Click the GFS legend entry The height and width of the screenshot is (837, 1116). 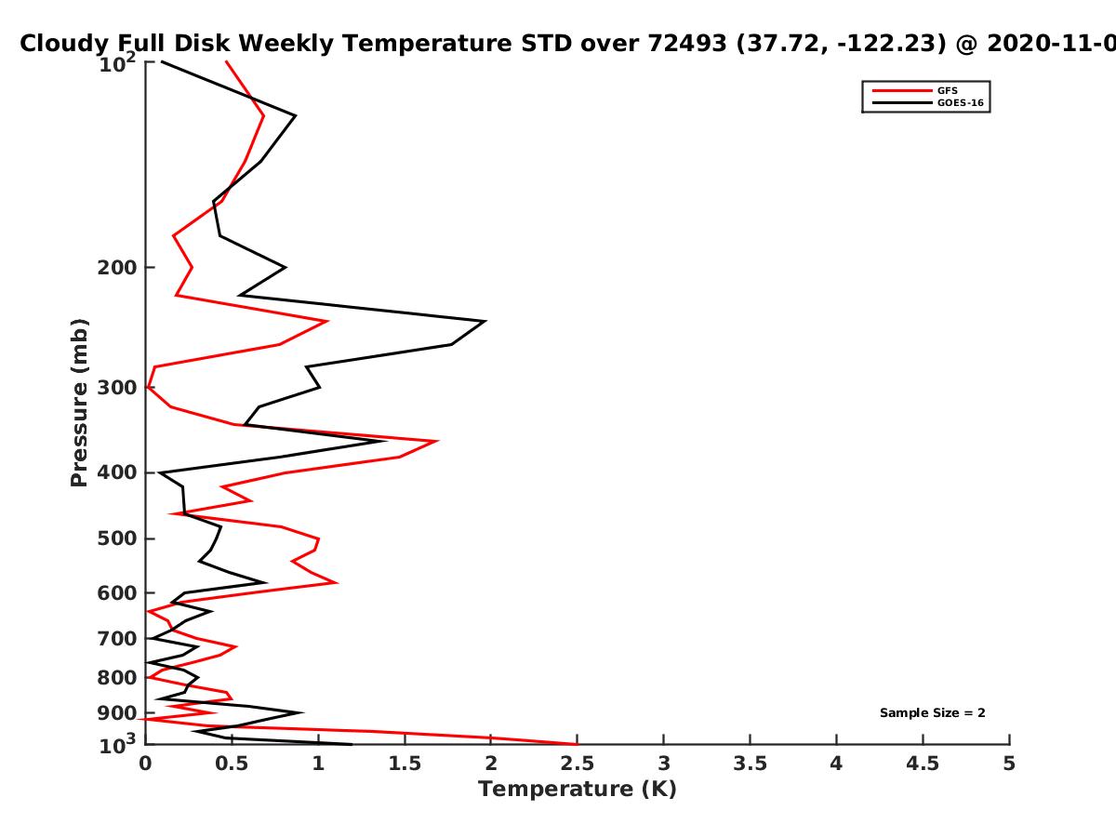tap(915, 90)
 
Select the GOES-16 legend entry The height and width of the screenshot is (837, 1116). tap(928, 102)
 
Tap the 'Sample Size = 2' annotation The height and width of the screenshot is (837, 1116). tap(933, 713)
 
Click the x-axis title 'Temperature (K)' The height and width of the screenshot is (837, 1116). tap(578, 790)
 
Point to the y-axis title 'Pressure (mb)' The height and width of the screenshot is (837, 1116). tap(79, 403)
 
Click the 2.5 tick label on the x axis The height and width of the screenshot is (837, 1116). tap(578, 764)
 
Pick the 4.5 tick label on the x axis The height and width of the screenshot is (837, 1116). tap(923, 764)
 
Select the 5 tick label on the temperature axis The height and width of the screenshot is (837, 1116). tap(1009, 764)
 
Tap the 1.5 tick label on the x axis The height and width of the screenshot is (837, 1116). tap(405, 764)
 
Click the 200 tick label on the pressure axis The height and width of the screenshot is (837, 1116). tap(117, 268)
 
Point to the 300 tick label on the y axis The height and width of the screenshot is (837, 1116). tap(117, 388)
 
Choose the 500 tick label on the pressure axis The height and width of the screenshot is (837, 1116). tap(117, 538)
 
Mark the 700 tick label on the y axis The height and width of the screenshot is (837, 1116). tap(117, 639)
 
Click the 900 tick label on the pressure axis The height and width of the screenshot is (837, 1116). tap(117, 713)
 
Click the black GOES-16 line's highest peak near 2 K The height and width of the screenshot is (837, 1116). tap(485, 321)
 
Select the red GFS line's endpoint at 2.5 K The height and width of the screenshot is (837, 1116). tap(577, 744)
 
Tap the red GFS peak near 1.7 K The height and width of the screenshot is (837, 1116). tap(437, 441)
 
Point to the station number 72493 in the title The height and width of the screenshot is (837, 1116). tap(687, 44)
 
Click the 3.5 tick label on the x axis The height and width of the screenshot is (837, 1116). tap(750, 764)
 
